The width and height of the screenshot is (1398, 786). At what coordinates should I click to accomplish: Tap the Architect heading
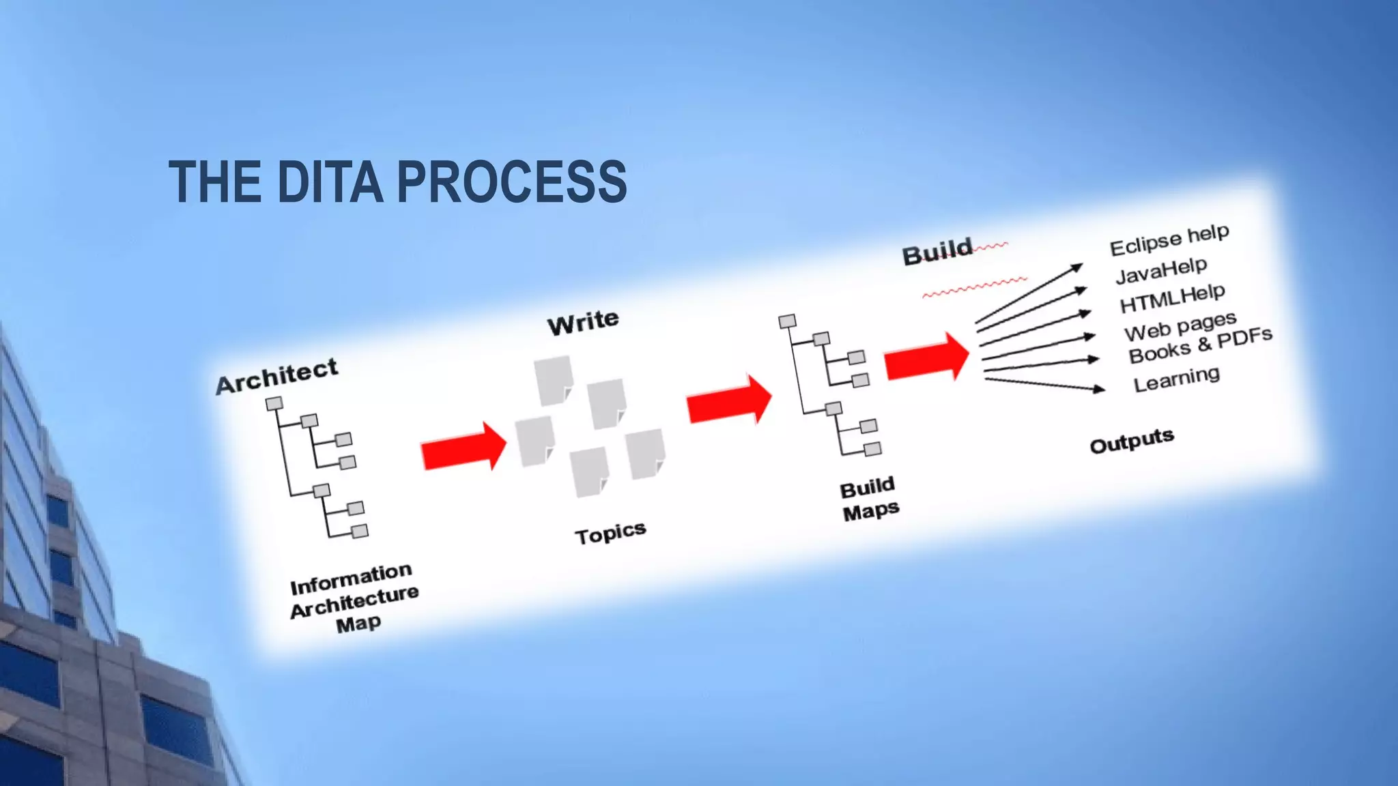276,376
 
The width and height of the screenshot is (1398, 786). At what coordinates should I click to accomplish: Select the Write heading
583,322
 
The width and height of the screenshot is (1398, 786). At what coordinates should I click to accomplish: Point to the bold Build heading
937,252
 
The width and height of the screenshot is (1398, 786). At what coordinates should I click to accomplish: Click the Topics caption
610,534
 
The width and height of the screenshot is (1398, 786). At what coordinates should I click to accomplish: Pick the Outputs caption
1131,441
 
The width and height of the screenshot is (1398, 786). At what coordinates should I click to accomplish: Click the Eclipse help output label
1169,240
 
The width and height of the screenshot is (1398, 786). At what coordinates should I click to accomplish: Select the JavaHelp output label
1161,270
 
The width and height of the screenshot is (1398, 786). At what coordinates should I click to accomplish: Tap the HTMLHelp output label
1172,298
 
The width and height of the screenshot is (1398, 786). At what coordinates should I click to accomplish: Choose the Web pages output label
1180,326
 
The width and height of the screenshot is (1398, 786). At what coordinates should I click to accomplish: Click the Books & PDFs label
1200,346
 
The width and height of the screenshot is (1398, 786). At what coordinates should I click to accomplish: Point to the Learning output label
1176,379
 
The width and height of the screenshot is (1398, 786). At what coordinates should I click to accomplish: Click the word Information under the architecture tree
351,579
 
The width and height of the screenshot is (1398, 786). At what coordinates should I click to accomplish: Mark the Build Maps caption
869,499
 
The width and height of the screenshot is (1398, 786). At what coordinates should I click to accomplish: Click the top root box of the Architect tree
274,404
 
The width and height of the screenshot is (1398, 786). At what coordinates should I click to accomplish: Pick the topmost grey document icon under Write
553,379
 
